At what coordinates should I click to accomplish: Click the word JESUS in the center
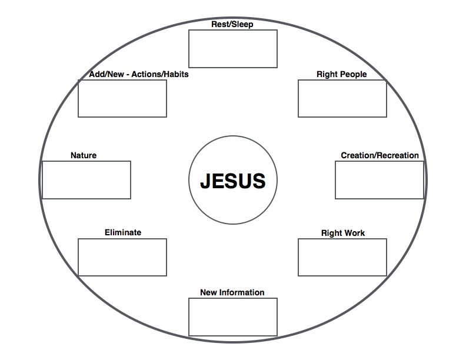tap(232, 181)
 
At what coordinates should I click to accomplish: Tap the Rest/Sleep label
tap(232, 25)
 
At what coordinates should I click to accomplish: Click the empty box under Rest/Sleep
tap(232, 49)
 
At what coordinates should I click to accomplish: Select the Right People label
tap(341, 74)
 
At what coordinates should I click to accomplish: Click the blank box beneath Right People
tap(342, 98)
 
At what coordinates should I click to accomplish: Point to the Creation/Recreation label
tap(380, 155)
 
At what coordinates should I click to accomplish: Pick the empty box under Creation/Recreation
tap(379, 180)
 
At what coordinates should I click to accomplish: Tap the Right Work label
tap(342, 233)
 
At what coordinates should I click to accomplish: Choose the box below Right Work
tap(342, 257)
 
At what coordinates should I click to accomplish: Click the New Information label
tap(232, 292)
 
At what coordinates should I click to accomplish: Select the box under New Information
tap(232, 317)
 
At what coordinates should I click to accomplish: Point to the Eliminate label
tap(122, 232)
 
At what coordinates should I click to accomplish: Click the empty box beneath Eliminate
tap(122, 257)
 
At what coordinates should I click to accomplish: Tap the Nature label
tap(84, 155)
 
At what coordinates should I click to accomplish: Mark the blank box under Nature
tap(86, 180)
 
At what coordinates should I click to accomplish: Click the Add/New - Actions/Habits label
tap(139, 74)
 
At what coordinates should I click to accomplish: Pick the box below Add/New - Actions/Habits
tap(122, 98)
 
